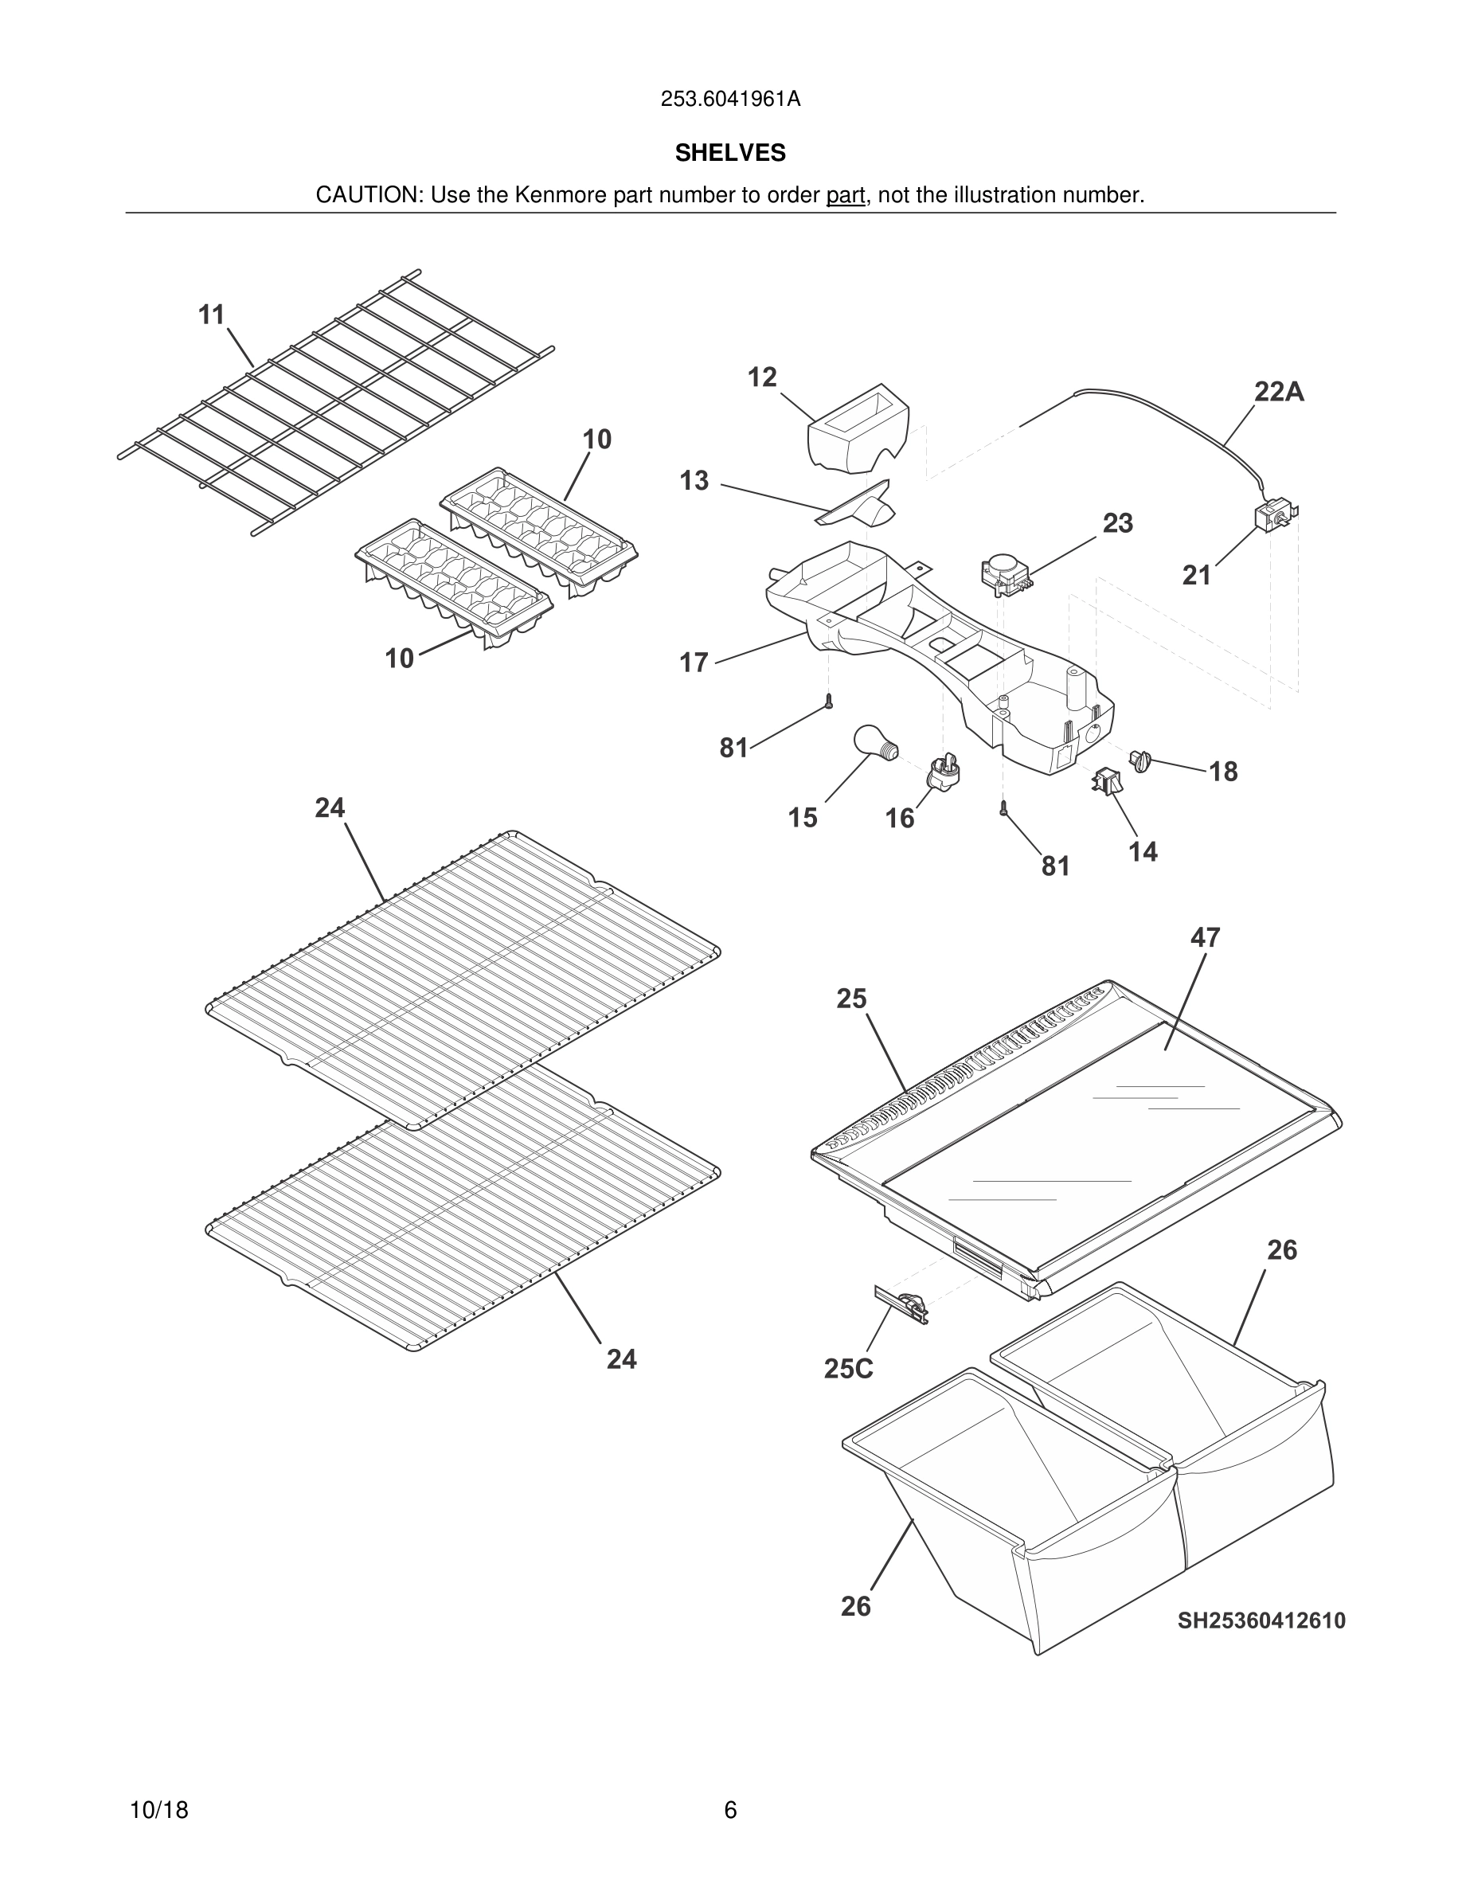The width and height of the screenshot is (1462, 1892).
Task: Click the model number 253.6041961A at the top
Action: coord(730,100)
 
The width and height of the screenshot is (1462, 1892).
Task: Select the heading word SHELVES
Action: coord(730,154)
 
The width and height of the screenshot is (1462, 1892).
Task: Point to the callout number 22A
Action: coord(1278,393)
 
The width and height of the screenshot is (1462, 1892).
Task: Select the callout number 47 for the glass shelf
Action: coord(1205,937)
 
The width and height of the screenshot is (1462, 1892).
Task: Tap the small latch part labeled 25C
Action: coord(903,1304)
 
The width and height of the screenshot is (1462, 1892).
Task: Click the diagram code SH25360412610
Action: coord(1261,1620)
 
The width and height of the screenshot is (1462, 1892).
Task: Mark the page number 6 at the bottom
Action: coord(730,1810)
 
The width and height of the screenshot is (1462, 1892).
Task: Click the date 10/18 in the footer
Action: coord(158,1810)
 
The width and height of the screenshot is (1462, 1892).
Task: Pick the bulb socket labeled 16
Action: coord(946,770)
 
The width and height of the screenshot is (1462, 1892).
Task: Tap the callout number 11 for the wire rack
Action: coord(211,315)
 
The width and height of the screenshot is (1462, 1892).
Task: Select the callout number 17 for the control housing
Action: coord(693,663)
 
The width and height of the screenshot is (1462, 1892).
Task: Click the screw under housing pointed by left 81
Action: coord(828,702)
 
